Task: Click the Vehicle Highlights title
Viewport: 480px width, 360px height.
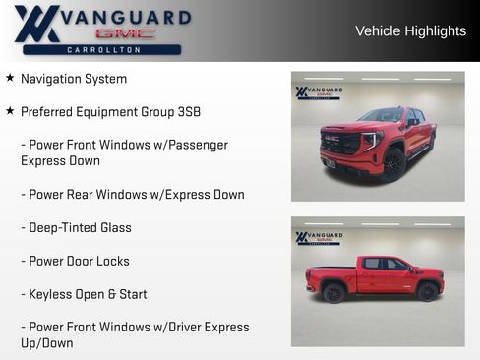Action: tap(410, 30)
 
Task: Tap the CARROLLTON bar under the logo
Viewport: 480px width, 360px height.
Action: tap(102, 49)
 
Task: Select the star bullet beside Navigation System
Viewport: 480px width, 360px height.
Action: tap(10, 78)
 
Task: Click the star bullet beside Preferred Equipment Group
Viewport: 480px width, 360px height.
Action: tap(10, 111)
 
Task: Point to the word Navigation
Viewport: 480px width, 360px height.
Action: tap(52, 79)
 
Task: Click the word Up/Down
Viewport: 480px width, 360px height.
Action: tap(46, 343)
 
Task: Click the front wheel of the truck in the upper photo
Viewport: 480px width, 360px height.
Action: tap(393, 163)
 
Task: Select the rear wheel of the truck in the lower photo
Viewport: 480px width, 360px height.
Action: tap(334, 293)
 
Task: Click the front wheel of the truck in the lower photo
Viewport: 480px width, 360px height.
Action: tap(427, 292)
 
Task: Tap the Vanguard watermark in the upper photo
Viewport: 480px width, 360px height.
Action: tap(319, 92)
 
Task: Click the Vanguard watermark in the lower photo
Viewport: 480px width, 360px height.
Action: tap(319, 237)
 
